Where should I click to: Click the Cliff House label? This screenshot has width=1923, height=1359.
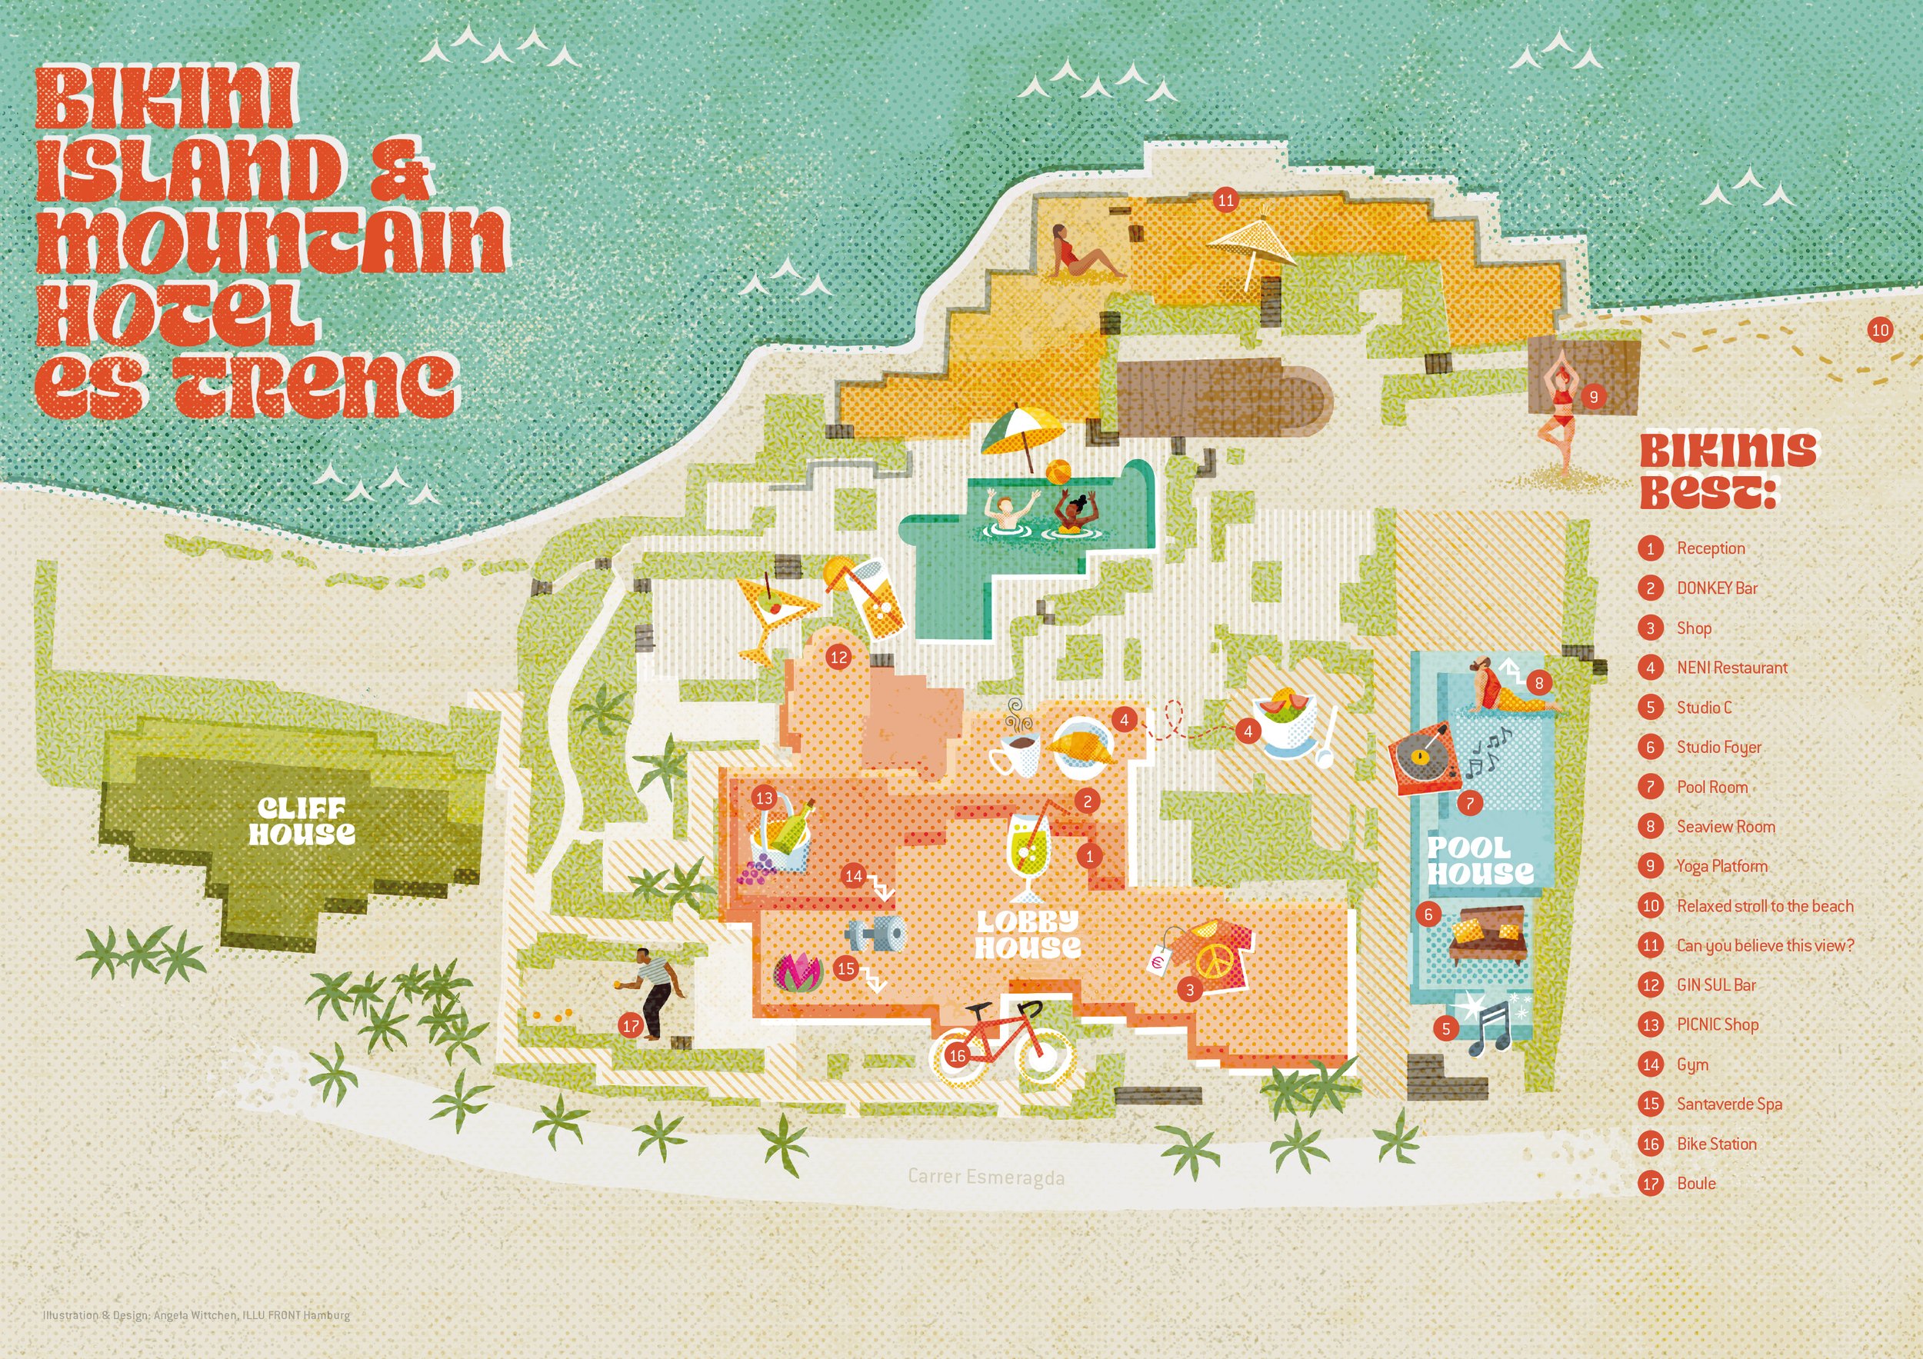pos(302,821)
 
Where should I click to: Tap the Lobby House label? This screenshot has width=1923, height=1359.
pos(1028,934)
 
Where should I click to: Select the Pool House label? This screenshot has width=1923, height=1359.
pos(1480,861)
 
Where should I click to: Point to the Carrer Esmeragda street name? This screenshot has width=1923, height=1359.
pos(986,1177)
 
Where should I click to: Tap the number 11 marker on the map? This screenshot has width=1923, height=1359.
pos(1226,200)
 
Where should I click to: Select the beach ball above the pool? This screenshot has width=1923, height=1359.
pos(1058,471)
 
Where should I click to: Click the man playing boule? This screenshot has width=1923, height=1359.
pos(653,992)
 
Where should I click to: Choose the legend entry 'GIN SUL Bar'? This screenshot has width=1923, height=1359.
pos(1715,985)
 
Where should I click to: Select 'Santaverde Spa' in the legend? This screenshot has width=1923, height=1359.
pos(1728,1104)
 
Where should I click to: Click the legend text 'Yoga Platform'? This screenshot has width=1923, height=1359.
pos(1721,866)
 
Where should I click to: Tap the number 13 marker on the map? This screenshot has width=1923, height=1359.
pos(764,798)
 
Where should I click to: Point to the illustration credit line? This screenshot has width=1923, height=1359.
pos(197,1315)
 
